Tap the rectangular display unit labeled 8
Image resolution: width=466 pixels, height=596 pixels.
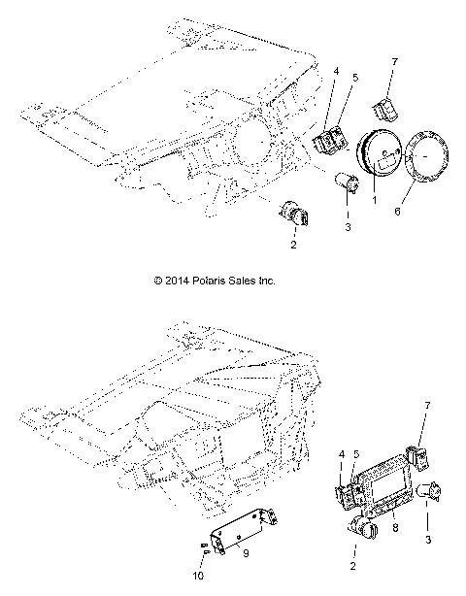coord(381,495)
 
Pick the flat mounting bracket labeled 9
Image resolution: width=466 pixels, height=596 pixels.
coord(238,531)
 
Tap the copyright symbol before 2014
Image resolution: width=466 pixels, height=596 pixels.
coord(160,281)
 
